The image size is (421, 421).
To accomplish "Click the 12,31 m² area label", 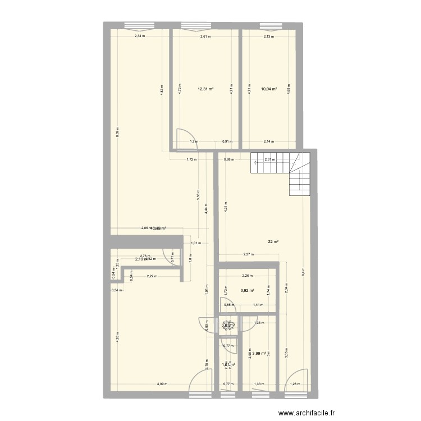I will coord(205,89).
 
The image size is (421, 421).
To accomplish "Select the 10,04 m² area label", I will coord(269,89).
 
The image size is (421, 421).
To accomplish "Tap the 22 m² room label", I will coord(273,242).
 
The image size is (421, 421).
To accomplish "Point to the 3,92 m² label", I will coord(248,291).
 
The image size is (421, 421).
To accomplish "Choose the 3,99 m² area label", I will coord(260,353).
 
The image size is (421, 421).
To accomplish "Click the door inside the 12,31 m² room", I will coord(185,139).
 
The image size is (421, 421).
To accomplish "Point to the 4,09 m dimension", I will coord(161,384).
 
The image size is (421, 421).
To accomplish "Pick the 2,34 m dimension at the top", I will coord(139,36).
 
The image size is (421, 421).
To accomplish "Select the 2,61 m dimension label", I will coord(206,36).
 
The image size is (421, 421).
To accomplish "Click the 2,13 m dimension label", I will coord(269,36).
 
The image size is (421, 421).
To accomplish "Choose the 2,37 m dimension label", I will coord(248,254).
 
